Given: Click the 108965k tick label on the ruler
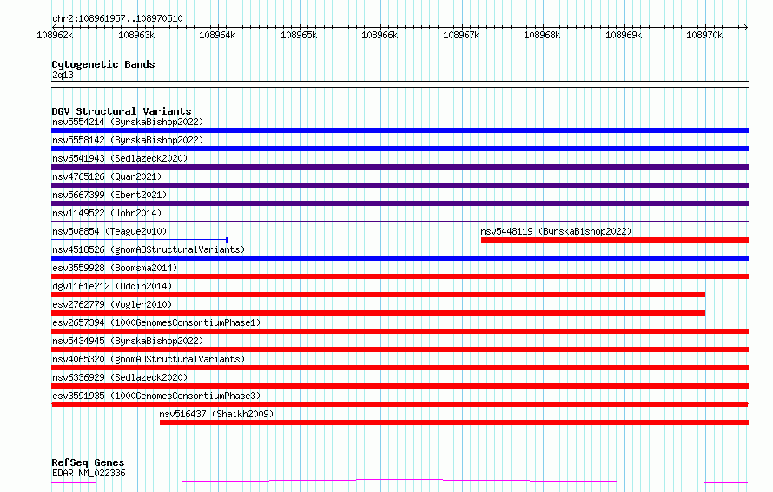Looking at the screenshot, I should pos(299,35).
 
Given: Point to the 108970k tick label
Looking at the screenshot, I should pos(704,35).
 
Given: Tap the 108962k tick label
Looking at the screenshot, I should pos(54,35).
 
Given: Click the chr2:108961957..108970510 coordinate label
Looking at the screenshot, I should pos(117,18).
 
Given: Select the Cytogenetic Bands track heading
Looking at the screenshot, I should pos(102,64).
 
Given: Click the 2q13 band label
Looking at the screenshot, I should pos(63,76).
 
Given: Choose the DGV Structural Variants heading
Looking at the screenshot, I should pos(121,111).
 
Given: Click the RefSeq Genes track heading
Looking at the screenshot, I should pos(88,462).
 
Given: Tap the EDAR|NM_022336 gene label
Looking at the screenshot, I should pos(89,474).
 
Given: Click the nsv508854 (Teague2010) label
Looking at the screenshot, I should pos(109,231).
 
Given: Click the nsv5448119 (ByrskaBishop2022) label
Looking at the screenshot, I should pos(556,231).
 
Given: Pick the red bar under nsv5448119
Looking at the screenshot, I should pos(614,240).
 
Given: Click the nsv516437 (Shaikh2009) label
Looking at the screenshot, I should pos(216,414).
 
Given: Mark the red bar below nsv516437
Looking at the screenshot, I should pos(453,422).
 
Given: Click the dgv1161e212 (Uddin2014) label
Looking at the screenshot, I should pos(112,286).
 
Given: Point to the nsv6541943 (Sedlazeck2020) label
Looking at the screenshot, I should pos(119,158).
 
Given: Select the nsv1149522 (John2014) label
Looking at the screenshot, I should pos(107,213).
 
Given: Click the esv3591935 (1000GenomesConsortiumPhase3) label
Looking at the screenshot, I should pos(155,396).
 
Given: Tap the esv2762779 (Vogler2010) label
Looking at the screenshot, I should pos(112,304).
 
